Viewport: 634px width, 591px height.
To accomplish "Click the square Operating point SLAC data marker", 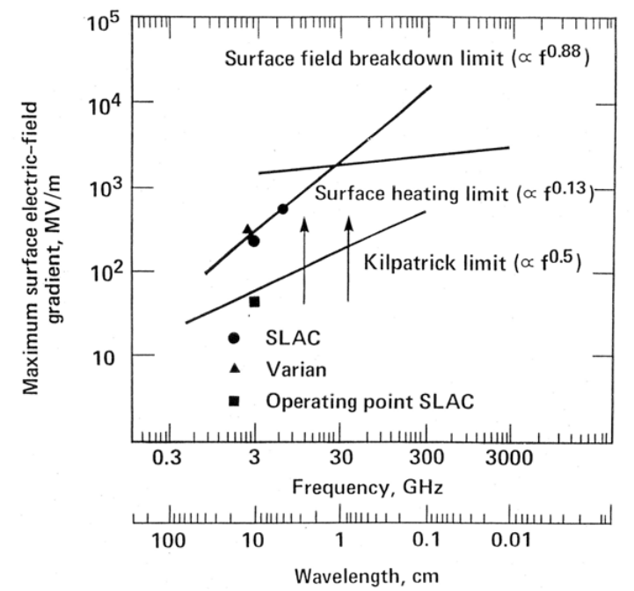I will pyautogui.click(x=254, y=302).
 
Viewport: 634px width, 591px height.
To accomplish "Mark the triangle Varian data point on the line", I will pyautogui.click(x=248, y=229).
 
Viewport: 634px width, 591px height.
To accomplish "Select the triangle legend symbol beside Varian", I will pyautogui.click(x=234, y=370).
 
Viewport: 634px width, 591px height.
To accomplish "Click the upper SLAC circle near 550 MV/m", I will pyautogui.click(x=283, y=208).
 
